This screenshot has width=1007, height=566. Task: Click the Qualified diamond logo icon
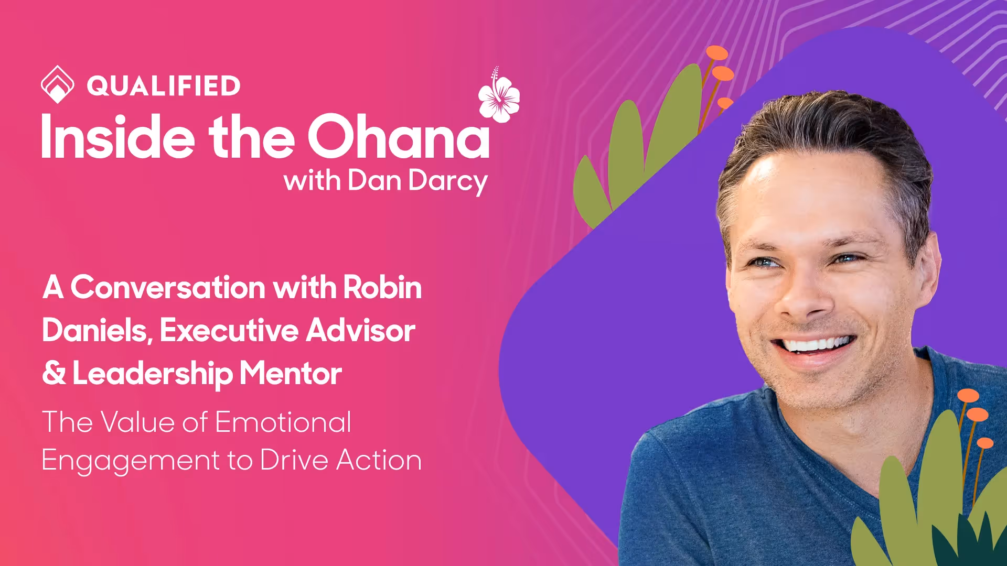(x=57, y=84)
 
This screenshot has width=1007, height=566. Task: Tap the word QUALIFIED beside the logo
(x=164, y=86)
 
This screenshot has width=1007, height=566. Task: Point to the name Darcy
(x=448, y=181)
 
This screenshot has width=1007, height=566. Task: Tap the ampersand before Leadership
(x=54, y=373)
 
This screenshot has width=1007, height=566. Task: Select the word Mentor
(x=291, y=373)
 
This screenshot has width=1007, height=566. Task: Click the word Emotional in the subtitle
(x=283, y=422)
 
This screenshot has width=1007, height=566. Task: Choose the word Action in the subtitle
(x=379, y=460)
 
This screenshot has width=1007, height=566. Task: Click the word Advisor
(x=361, y=331)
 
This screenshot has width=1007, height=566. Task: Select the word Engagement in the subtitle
(x=130, y=461)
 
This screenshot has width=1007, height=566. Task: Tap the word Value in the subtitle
(x=137, y=422)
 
